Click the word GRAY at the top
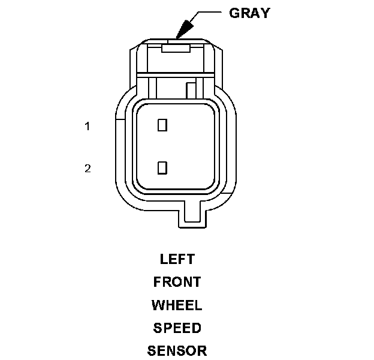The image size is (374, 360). [x=249, y=13]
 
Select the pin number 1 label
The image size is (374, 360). [x=88, y=127]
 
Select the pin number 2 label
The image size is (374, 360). [x=88, y=168]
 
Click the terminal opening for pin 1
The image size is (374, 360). [x=162, y=125]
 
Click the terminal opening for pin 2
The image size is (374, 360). [x=162, y=167]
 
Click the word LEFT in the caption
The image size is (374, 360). [x=177, y=259]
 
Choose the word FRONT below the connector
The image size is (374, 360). [x=177, y=282]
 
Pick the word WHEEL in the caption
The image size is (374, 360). [x=177, y=305]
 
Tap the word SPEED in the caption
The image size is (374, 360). [x=177, y=328]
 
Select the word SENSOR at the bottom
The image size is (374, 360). [x=177, y=351]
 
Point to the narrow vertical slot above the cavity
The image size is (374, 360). [x=191, y=90]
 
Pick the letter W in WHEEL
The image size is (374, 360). [x=158, y=305]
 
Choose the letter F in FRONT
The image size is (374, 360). [x=157, y=282]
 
